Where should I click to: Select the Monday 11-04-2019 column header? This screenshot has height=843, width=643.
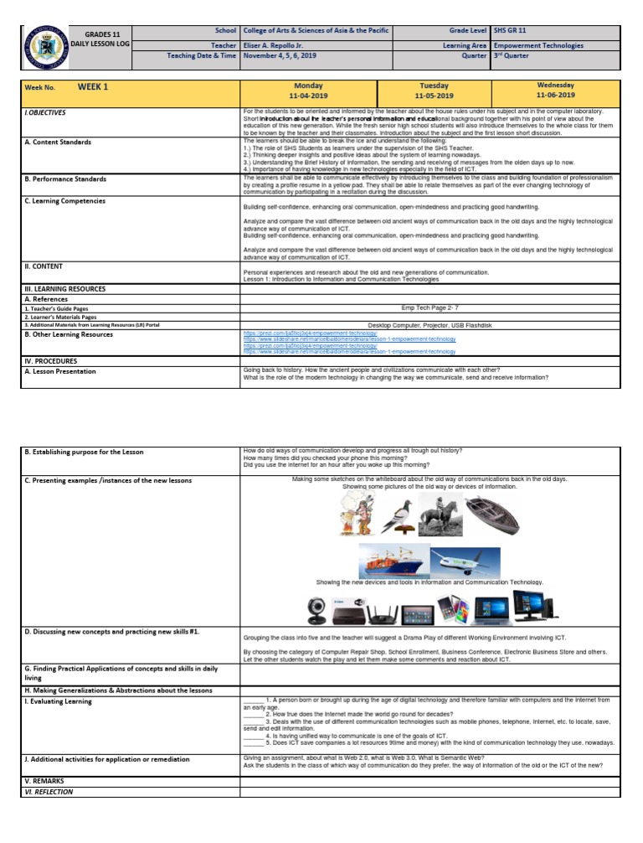click(309, 91)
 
